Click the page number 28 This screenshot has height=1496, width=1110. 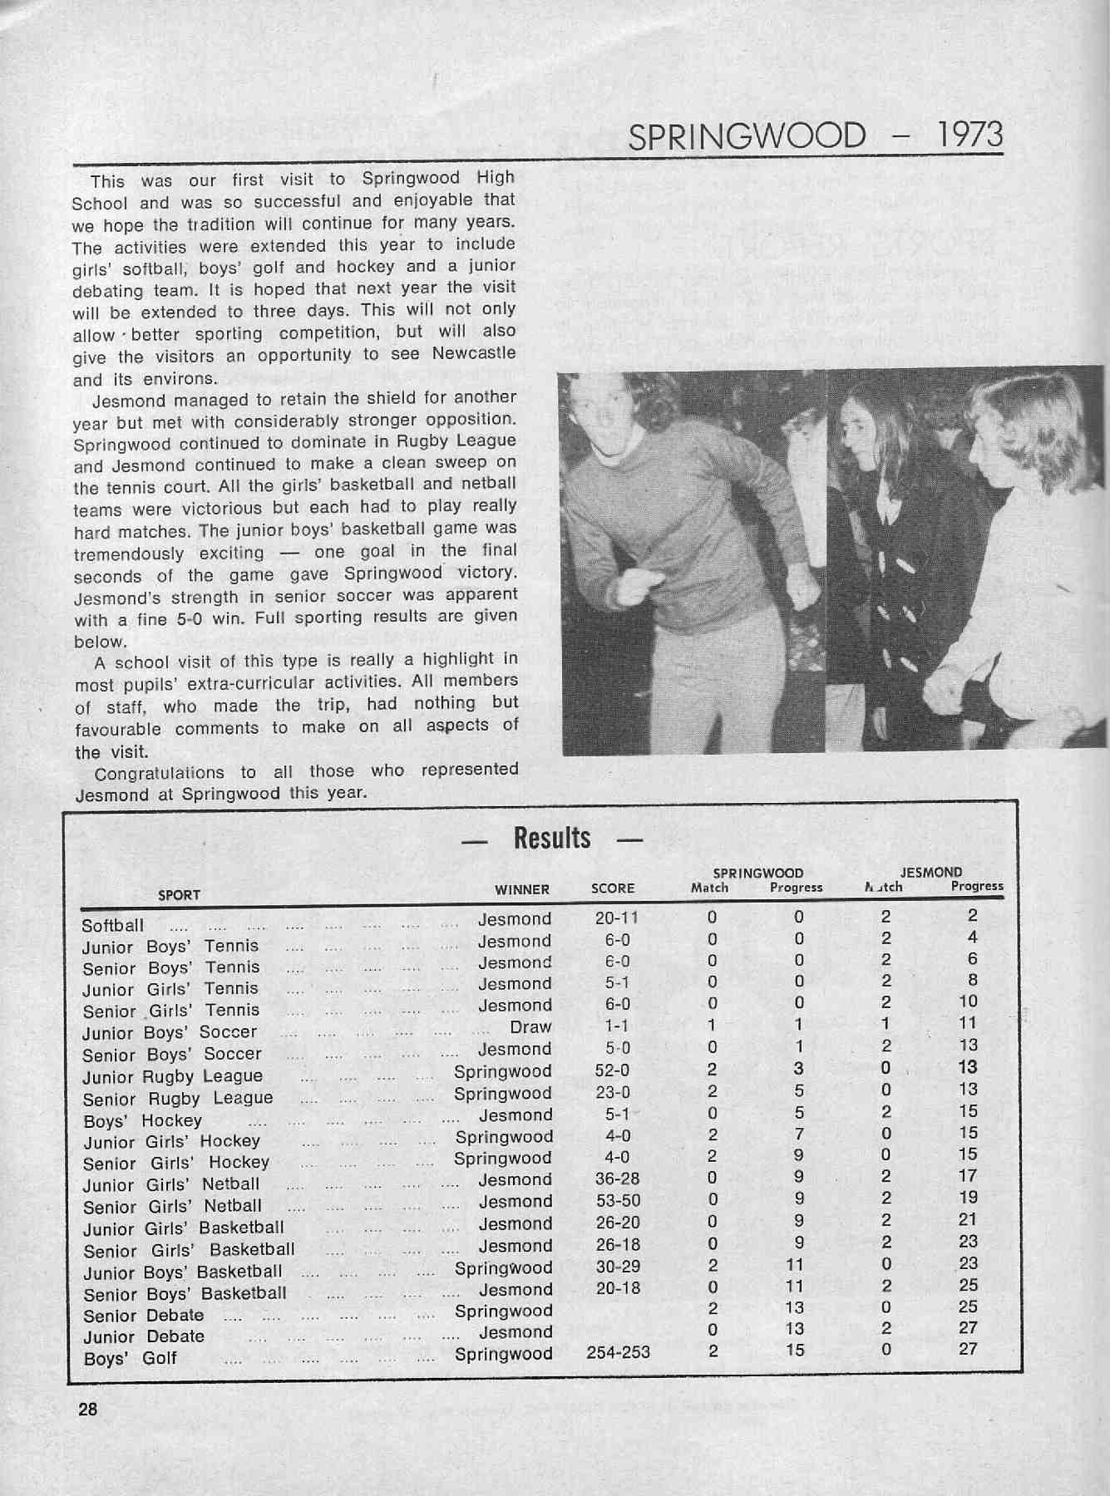[87, 1410]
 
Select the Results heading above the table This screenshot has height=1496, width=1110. [552, 838]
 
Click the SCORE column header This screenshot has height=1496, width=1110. [613, 888]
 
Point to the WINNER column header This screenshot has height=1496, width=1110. [522, 889]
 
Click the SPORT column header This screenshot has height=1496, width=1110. [179, 895]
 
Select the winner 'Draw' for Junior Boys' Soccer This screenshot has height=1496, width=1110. [530, 1027]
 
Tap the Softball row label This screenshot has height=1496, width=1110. [113, 926]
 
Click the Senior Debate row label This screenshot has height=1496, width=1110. [144, 1316]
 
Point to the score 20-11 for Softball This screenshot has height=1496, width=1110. [617, 918]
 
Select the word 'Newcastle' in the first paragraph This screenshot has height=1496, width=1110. [474, 353]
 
